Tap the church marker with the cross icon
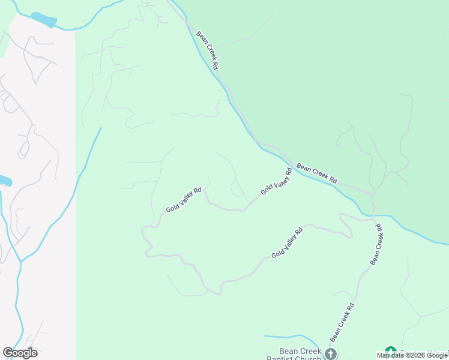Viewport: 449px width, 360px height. click(x=331, y=353)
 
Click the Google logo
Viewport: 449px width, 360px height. click(x=20, y=353)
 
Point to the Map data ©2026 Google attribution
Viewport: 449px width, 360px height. click(x=412, y=355)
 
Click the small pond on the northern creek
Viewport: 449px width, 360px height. click(x=43, y=19)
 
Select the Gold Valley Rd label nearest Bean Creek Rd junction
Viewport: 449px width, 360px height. click(x=276, y=181)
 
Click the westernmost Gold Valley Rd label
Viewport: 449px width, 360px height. click(x=184, y=200)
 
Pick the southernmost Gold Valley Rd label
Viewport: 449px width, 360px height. click(x=287, y=243)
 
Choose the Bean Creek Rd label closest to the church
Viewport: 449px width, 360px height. click(x=342, y=322)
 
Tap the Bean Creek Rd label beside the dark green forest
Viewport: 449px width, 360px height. click(x=317, y=173)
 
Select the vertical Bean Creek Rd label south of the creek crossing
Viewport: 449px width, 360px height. click(x=376, y=244)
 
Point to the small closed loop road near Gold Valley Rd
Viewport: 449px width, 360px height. click(x=237, y=190)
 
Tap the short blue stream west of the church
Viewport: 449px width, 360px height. click(x=285, y=337)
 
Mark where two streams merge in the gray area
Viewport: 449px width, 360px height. click(x=20, y=262)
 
